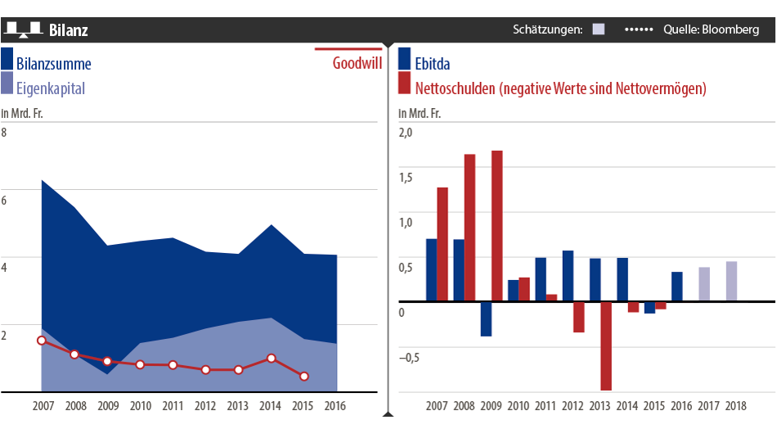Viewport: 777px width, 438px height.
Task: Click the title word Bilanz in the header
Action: (68, 30)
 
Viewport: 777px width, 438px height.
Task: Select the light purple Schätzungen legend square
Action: (599, 29)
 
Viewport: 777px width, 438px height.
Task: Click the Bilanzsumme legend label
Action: (54, 64)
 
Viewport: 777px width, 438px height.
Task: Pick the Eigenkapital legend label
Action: (51, 88)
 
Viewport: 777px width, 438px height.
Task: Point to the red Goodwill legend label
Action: (357, 64)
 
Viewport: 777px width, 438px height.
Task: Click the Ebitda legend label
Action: (433, 64)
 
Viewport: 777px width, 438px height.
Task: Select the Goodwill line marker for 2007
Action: (42, 341)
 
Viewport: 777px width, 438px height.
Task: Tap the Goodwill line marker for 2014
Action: (272, 359)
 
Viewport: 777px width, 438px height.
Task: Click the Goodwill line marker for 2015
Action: (304, 377)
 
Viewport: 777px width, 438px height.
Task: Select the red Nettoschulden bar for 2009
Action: (496, 226)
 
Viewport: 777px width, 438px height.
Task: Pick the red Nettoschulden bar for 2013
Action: (606, 345)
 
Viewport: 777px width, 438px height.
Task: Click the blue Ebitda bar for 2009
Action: (486, 318)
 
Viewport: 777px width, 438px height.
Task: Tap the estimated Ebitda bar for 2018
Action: (731, 282)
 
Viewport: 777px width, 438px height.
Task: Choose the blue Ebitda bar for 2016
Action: (677, 287)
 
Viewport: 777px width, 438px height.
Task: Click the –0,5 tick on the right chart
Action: (406, 357)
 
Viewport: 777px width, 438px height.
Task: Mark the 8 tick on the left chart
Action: (4, 132)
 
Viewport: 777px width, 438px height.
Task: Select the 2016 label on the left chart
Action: (335, 406)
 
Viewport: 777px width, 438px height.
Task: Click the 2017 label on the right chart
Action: (710, 406)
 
